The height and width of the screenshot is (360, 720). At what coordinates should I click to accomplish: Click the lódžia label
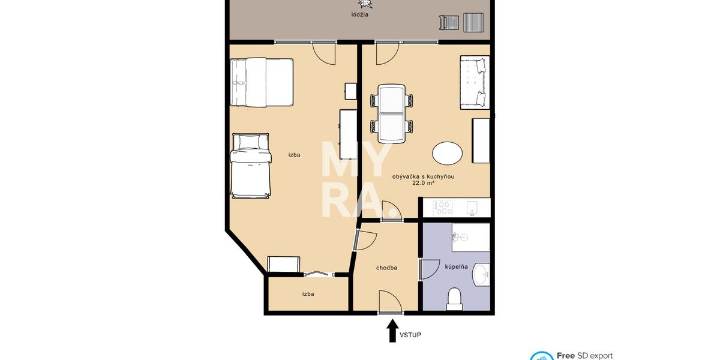[x=360, y=15]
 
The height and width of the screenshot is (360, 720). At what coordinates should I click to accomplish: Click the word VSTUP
[x=410, y=335]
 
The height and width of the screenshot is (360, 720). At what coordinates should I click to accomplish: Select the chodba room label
[x=387, y=268]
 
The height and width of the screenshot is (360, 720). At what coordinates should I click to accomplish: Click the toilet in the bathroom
[x=455, y=298]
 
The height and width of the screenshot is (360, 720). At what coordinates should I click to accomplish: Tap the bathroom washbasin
[x=482, y=275]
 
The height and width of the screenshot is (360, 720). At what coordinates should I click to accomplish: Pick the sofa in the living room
[x=475, y=83]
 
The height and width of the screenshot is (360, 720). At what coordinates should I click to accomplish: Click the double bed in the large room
[x=261, y=82]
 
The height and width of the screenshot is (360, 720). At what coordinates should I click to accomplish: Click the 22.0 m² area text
[x=423, y=184]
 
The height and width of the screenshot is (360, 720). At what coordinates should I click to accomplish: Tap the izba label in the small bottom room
[x=308, y=294]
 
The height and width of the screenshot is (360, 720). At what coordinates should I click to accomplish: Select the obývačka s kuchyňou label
[x=423, y=176]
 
